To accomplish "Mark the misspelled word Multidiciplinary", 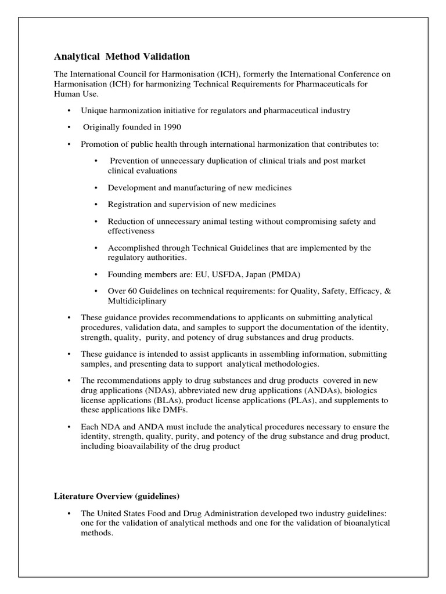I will pyautogui.click(x=137, y=301).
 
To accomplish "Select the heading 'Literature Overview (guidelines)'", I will pyautogui.click(x=117, y=496).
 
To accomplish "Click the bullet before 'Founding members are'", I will pyautogui.click(x=95, y=274).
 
